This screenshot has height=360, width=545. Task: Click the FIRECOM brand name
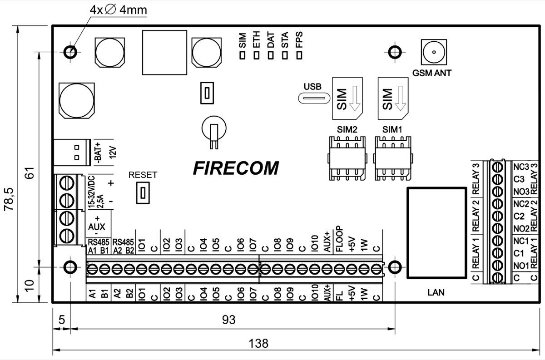tap(236, 168)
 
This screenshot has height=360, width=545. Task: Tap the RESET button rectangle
tap(143, 192)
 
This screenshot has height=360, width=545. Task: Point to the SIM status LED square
tap(243, 55)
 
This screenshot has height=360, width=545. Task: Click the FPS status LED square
tap(299, 55)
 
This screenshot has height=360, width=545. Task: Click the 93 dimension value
tap(229, 320)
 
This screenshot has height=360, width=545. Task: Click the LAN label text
tap(436, 293)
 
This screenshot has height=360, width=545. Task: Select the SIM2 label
tap(347, 129)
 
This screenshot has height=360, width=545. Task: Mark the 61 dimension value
tap(30, 173)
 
